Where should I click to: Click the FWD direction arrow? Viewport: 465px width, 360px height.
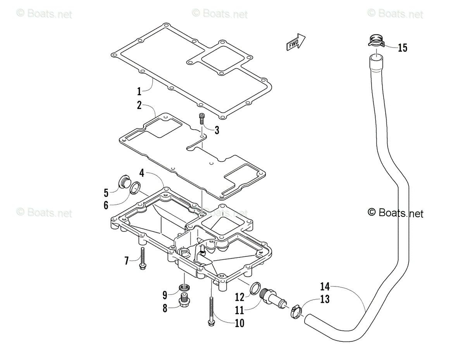click(296, 42)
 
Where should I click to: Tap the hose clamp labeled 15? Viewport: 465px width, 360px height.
click(376, 41)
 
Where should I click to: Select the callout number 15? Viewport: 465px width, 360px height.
click(402, 48)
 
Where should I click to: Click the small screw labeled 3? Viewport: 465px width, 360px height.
click(201, 119)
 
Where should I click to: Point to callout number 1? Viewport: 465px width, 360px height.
click(139, 91)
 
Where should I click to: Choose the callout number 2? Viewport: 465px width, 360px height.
click(139, 105)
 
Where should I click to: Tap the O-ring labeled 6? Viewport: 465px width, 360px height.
click(135, 189)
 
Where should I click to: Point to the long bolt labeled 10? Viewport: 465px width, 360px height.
click(211, 311)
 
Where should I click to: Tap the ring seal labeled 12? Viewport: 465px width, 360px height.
click(255, 288)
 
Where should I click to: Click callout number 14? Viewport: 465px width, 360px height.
click(325, 287)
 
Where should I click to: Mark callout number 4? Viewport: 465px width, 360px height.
click(142, 173)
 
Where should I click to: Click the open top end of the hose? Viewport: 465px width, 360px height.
click(376, 58)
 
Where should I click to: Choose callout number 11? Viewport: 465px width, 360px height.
click(239, 310)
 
